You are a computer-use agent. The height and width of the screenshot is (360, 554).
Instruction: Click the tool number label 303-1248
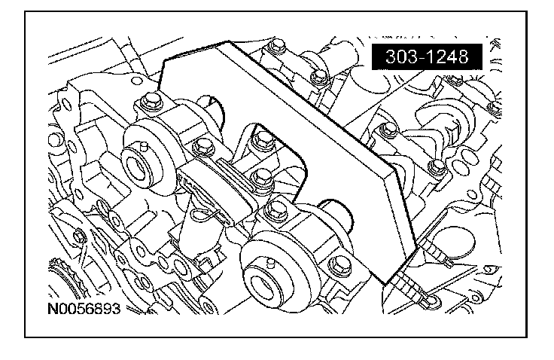pos(425,56)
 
